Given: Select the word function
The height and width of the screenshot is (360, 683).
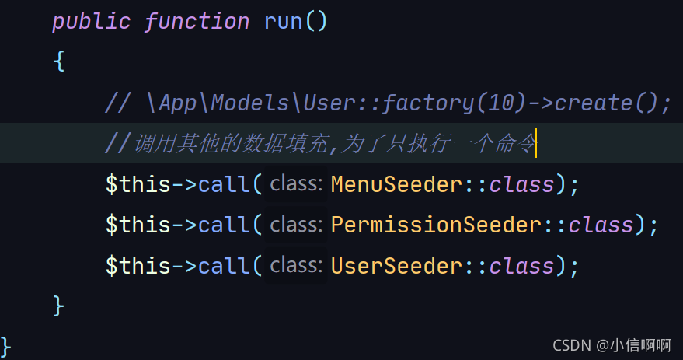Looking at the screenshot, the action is (x=197, y=21).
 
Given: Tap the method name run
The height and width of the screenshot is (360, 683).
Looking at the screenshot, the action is (x=283, y=21).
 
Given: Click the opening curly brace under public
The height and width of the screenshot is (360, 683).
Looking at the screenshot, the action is (x=59, y=61).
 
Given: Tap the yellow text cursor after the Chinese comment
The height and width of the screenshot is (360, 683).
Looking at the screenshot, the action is (x=536, y=144).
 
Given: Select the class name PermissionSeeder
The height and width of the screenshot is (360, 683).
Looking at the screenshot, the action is (x=434, y=225).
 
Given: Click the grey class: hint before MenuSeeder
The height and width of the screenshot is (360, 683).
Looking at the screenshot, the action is (x=295, y=185).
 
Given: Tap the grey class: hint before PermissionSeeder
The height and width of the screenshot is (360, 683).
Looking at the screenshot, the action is (x=295, y=225).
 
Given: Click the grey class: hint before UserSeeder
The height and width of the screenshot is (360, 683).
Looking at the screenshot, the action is (x=295, y=266).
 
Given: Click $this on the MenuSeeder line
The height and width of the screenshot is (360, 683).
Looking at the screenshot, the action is (x=138, y=185).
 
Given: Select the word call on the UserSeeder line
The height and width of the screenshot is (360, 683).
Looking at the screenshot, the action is (x=224, y=266).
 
